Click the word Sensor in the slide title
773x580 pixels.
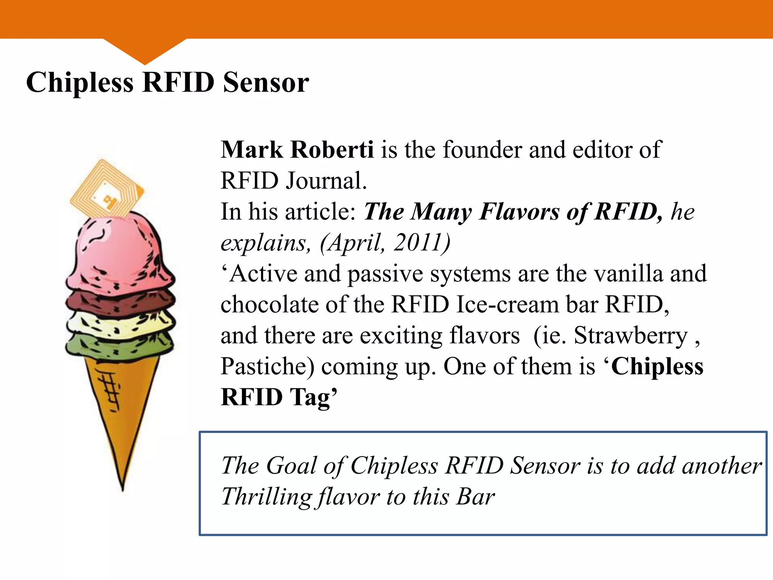pyautogui.click(x=266, y=82)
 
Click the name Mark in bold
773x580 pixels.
pyautogui.click(x=252, y=150)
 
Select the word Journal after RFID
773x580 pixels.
pyautogui.click(x=326, y=180)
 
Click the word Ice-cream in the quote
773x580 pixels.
pyautogui.click(x=507, y=304)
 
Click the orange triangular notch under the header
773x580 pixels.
pyautogui.click(x=145, y=51)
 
